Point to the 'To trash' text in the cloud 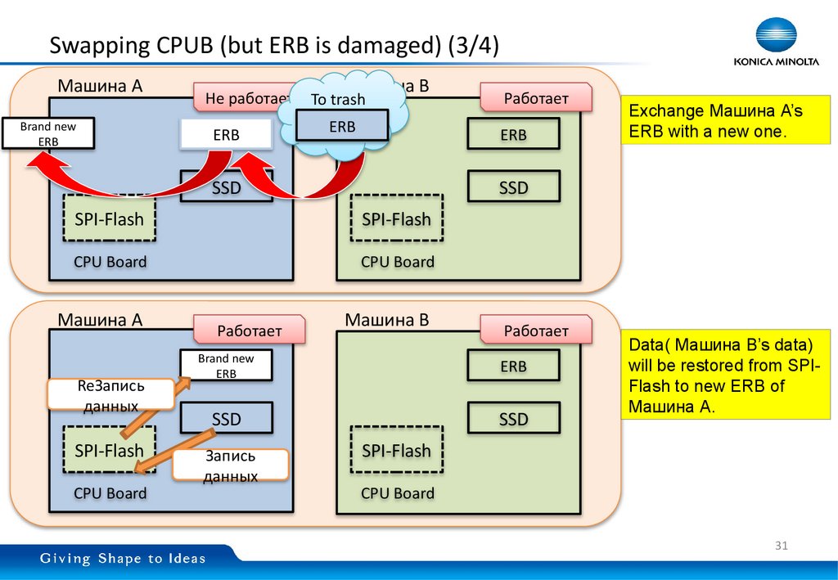pos(338,100)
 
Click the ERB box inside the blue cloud pos(341,127)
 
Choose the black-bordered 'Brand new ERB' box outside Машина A pos(48,134)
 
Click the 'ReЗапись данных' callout pos(110,394)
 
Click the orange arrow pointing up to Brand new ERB pos(155,404)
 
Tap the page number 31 pos(780,546)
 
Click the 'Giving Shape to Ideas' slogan pos(124,560)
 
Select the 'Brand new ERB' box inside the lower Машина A pos(226,366)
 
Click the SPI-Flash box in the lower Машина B pos(396,451)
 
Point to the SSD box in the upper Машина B pos(513,187)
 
